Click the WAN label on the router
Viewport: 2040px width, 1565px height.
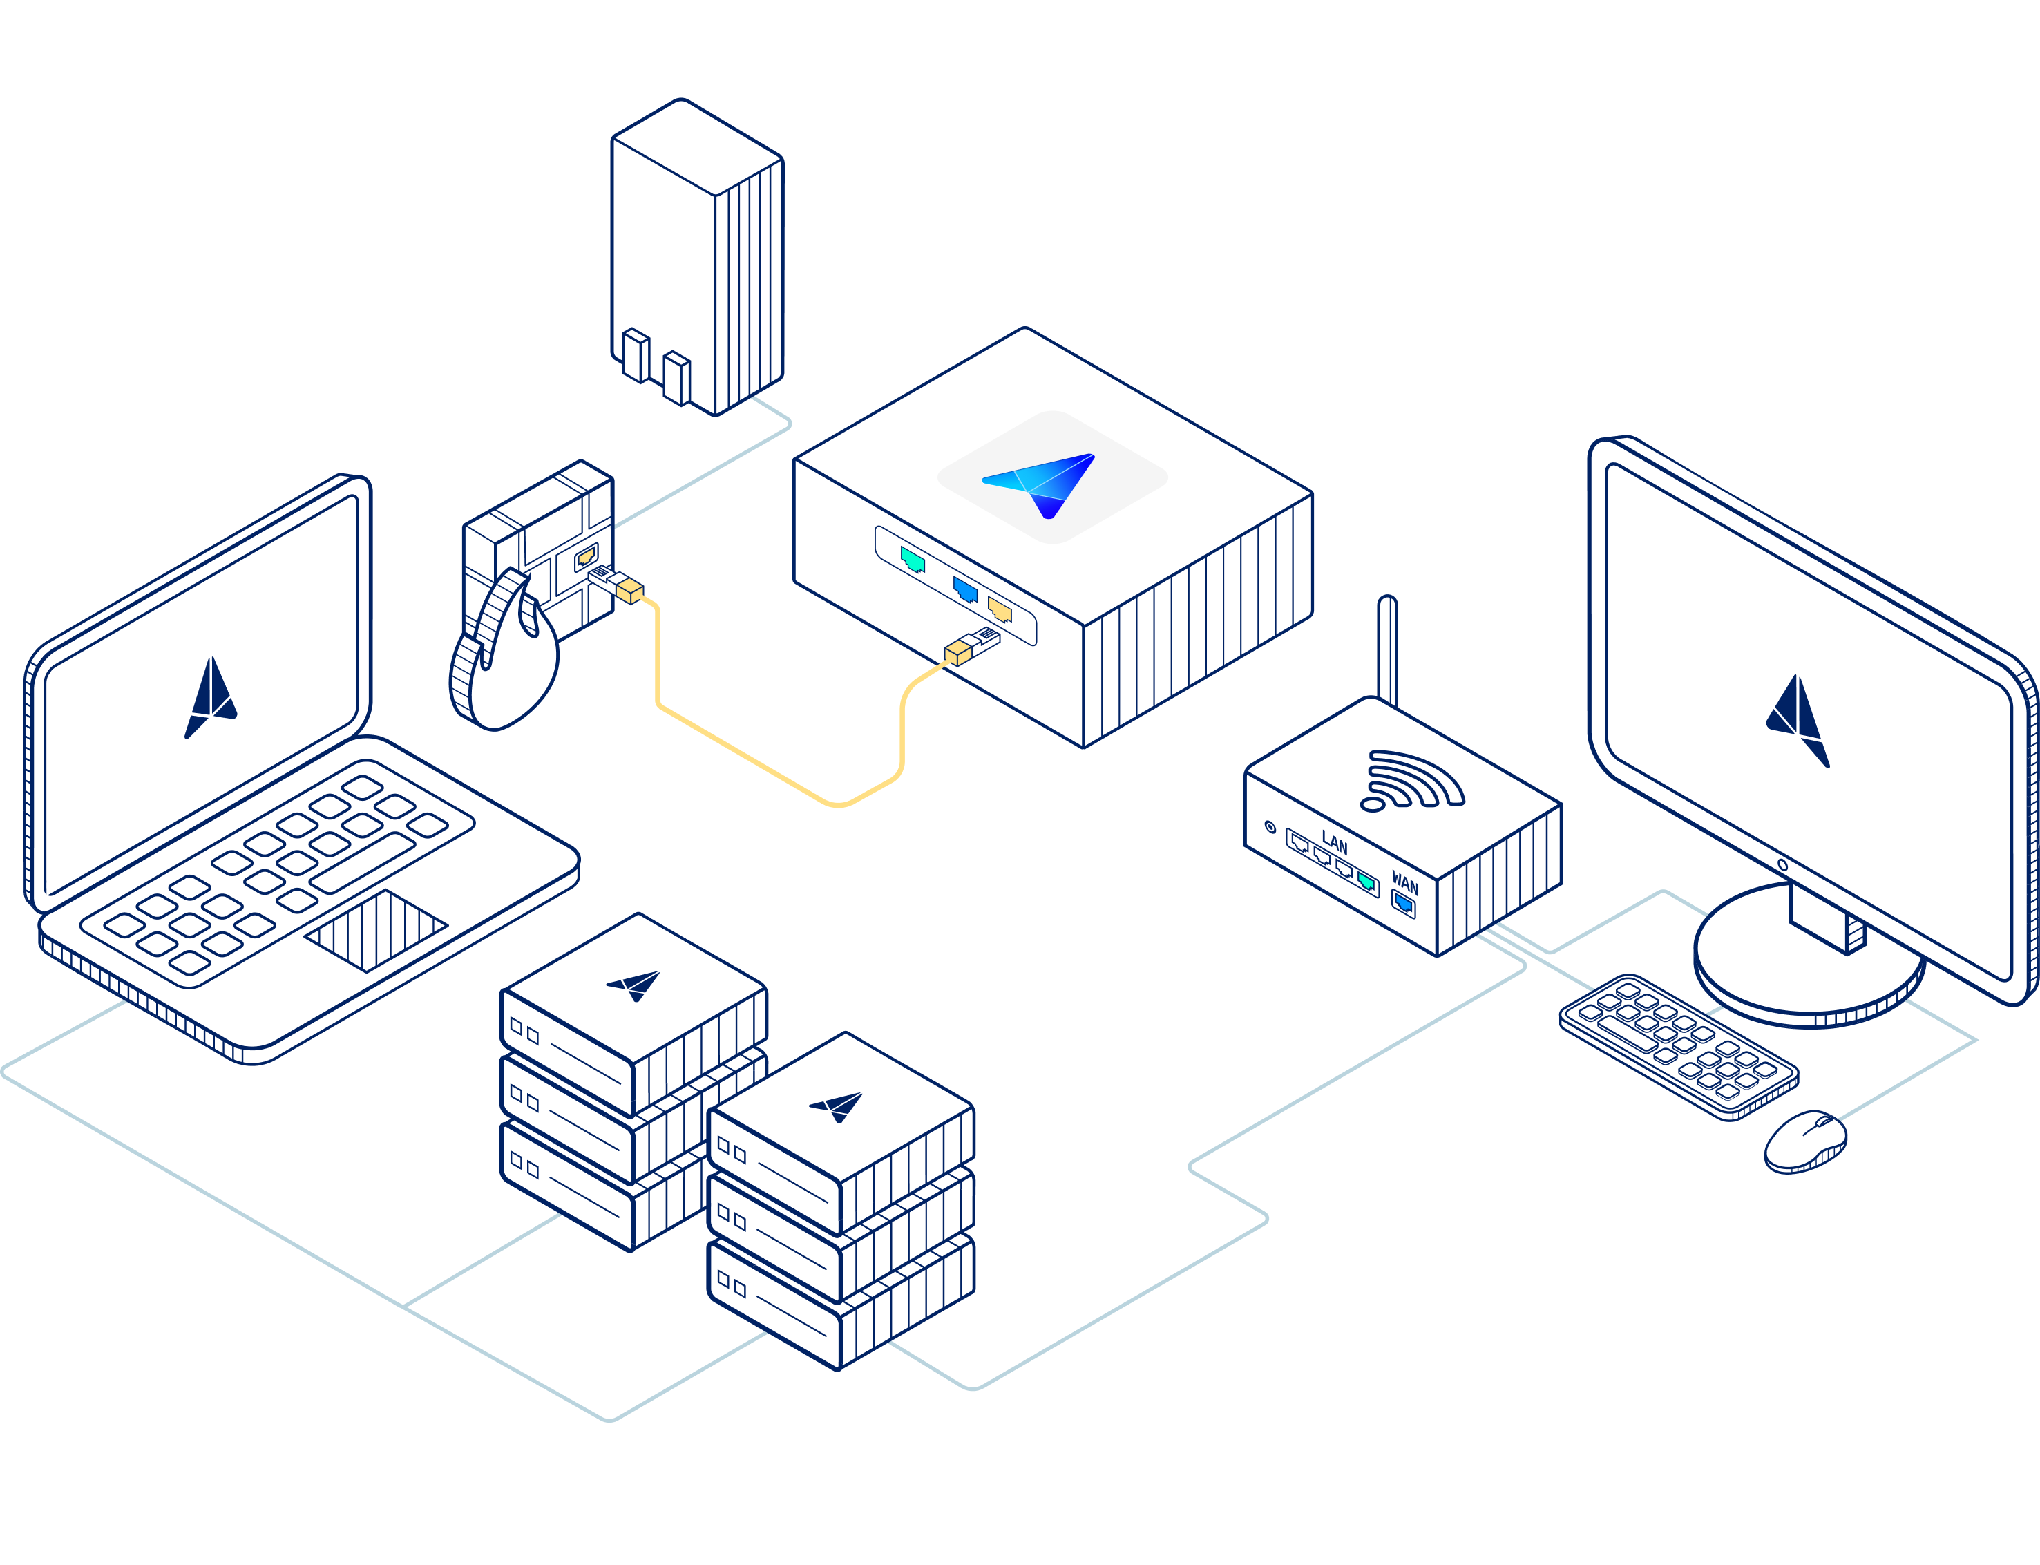coord(1404,883)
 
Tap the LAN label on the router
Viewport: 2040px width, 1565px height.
coord(1334,844)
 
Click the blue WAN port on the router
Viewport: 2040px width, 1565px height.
coord(1403,902)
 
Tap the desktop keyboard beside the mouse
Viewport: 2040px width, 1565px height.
coord(1677,1046)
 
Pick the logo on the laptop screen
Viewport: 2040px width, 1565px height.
coord(212,696)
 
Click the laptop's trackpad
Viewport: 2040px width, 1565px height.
coord(376,930)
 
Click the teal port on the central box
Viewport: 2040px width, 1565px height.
coord(912,560)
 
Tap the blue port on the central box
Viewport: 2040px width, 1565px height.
coord(965,589)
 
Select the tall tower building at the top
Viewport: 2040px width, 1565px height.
coord(697,256)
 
